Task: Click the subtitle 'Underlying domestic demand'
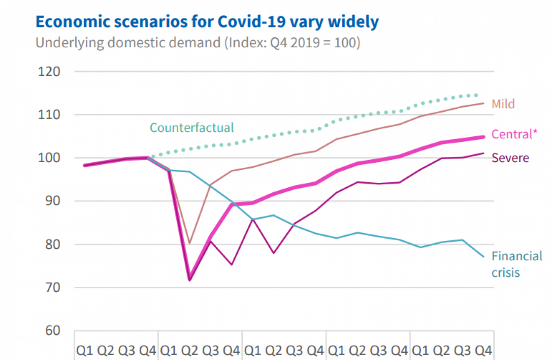click(198, 43)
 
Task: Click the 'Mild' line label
click(503, 104)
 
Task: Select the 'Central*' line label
click(515, 134)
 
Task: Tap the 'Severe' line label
click(510, 157)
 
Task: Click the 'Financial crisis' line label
click(517, 264)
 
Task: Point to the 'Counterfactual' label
click(192, 127)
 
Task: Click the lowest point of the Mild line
click(190, 243)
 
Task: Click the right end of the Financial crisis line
click(483, 257)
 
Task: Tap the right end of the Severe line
click(483, 153)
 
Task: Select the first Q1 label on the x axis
click(84, 351)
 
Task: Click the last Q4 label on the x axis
click(483, 351)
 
